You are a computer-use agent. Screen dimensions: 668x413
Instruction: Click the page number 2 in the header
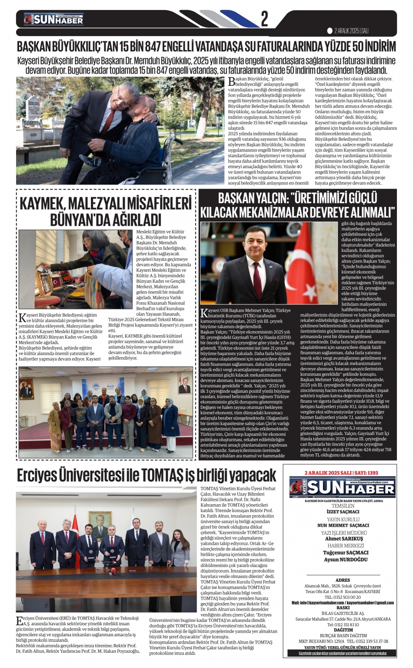264,19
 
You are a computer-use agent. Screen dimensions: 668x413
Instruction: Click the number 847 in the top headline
160,47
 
